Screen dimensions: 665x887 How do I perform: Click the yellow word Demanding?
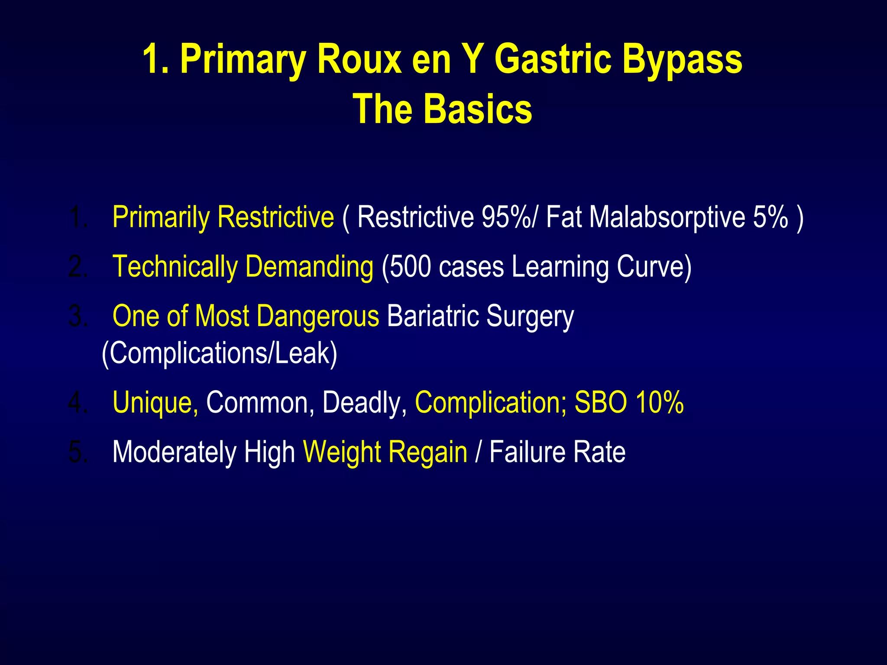pos(309,267)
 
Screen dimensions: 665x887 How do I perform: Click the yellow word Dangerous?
pos(318,316)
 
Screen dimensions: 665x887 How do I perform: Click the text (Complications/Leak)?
pos(219,353)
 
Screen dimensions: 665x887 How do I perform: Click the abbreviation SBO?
pos(600,402)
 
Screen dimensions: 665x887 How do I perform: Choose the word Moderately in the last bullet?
pos(174,452)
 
